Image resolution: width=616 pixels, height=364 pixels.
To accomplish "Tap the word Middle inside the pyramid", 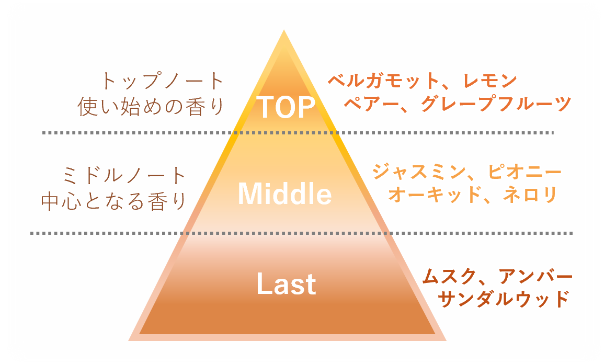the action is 284,194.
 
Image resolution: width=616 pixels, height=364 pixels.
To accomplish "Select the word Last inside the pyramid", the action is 286,284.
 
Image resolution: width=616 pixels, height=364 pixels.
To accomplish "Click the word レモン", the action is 489,81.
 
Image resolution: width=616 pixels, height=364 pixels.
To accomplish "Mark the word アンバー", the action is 535,276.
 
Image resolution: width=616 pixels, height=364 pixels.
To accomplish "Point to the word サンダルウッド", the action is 503,299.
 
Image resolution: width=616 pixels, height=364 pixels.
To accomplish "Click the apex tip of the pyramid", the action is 284,31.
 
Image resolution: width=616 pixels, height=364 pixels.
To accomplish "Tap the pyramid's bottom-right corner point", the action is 446,340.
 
